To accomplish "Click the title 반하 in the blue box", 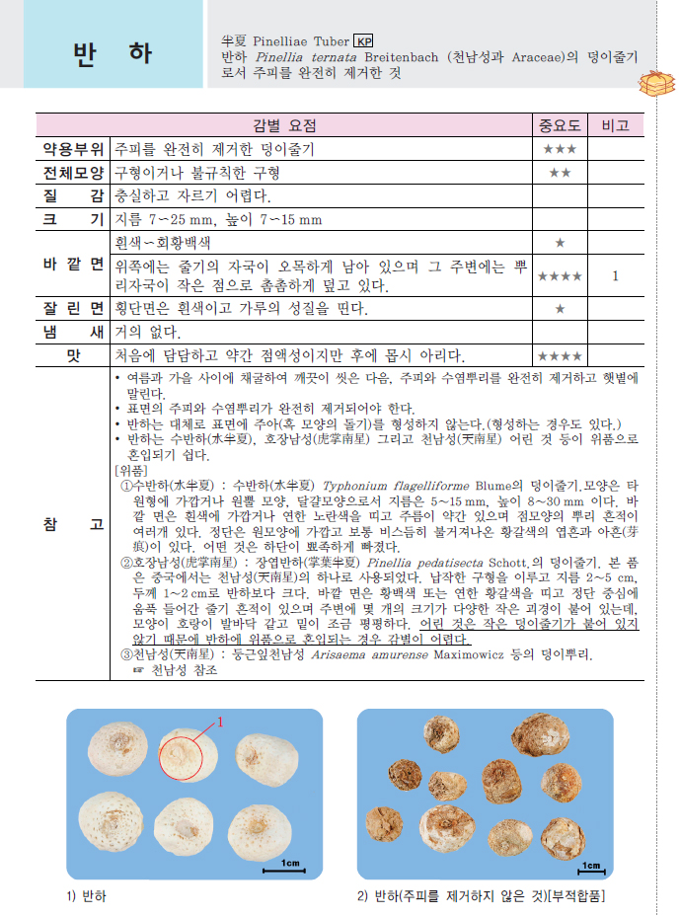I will point(113,53).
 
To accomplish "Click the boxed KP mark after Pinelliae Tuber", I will point(364,41).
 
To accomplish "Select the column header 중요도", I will point(560,125).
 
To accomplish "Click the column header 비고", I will point(615,125).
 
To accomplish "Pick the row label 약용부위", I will point(72,149).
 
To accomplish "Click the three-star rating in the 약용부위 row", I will point(560,149).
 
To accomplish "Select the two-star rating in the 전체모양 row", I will point(560,173).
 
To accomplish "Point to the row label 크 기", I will point(72,219).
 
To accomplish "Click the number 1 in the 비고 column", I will point(615,276).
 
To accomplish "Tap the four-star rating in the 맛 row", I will point(560,355).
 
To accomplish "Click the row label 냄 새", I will point(72,333).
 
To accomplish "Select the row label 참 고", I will point(72,525).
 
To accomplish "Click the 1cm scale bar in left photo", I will point(291,866).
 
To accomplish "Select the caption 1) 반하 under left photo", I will point(87,896).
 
